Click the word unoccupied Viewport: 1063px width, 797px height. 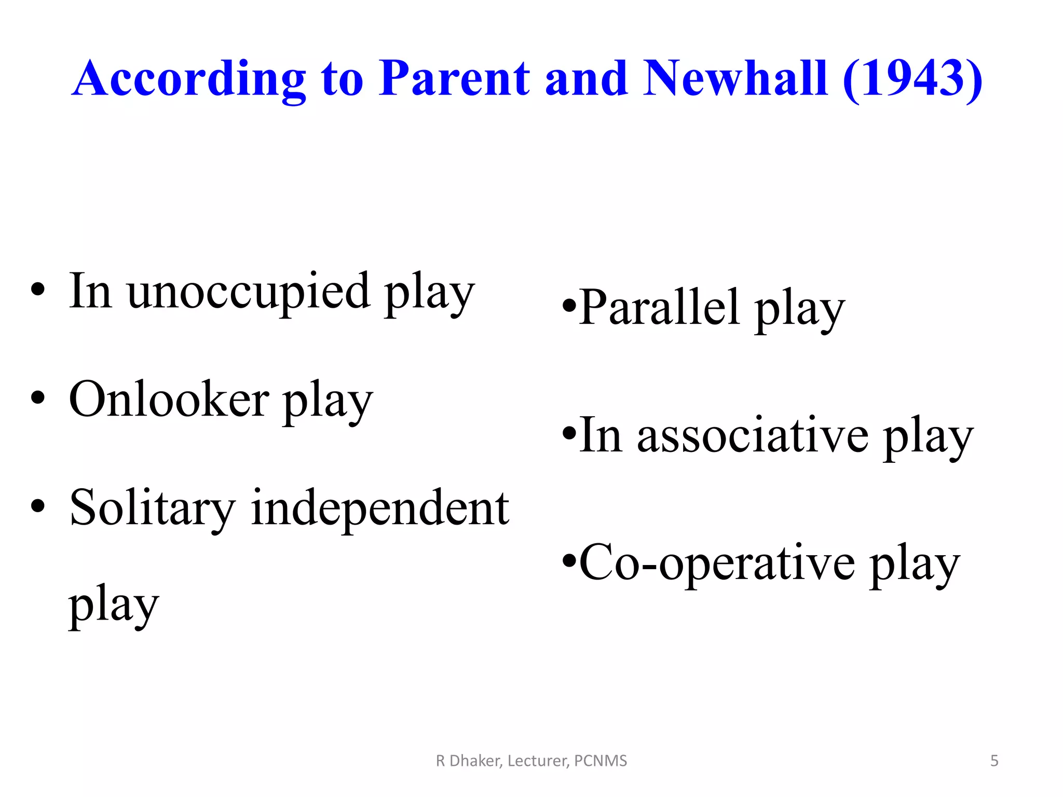coord(249,292)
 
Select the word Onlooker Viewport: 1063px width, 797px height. coord(169,400)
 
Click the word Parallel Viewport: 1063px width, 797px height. coord(659,307)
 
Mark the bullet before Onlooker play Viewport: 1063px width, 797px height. coord(38,398)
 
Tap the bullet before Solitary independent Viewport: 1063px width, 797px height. coord(38,506)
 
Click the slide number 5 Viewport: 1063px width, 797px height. coord(994,761)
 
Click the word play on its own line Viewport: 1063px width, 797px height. coord(114,605)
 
